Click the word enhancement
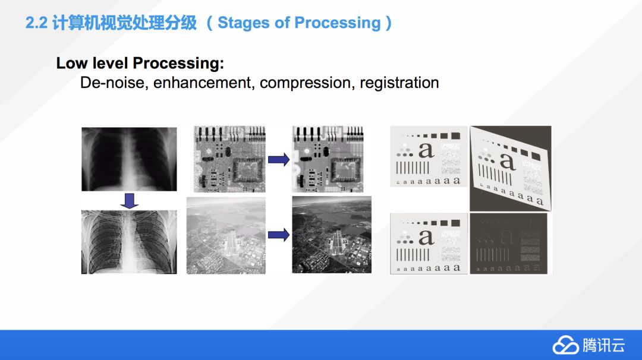(x=203, y=83)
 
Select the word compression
(x=307, y=83)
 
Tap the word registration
(x=399, y=83)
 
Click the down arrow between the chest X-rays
(x=129, y=200)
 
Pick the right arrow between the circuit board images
(x=278, y=159)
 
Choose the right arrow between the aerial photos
(x=278, y=235)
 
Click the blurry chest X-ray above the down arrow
(x=129, y=159)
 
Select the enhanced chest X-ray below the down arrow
(x=129, y=241)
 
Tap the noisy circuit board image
(x=229, y=159)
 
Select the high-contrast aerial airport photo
(x=332, y=235)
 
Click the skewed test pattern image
(x=510, y=168)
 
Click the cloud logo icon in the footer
(x=565, y=345)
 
